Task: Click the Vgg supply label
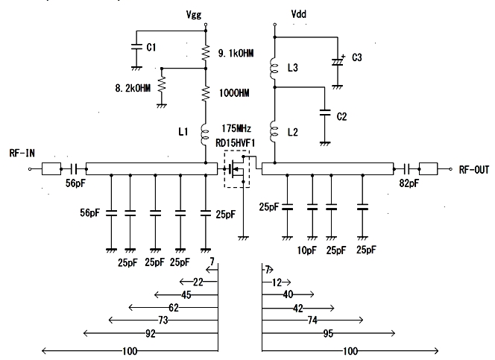pos(194,15)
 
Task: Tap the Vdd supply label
pos(298,14)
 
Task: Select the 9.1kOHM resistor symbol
pos(206,53)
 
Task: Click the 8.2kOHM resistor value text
pos(133,88)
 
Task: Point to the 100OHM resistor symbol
pos(206,93)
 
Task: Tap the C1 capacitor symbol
pos(136,47)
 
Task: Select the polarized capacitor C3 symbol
pos(338,61)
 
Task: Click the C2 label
pos(342,117)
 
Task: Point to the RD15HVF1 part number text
pos(235,143)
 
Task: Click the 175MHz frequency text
pos(236,128)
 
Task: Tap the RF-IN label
pos(22,154)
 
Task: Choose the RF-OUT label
pos(474,170)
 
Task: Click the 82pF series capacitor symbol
pos(406,169)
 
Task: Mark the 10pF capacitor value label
pos(306,250)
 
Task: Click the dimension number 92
pos(151,333)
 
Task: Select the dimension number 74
pos(312,320)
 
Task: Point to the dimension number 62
pos(174,308)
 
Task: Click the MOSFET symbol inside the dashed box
pos(237,169)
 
